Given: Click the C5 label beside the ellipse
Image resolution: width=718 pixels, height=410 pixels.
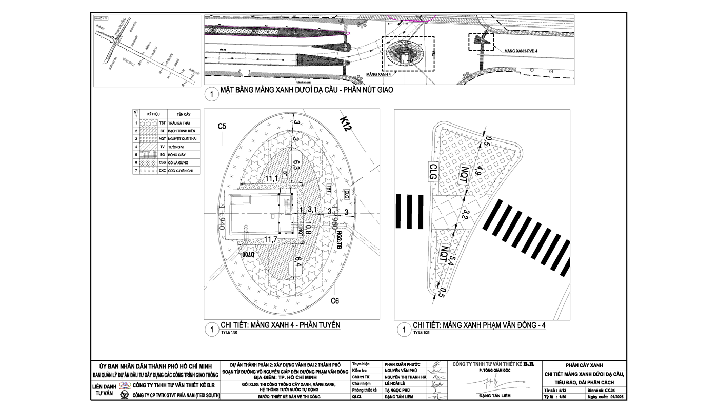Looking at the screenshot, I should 222,126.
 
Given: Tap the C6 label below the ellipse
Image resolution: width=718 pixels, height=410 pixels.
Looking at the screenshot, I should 334,301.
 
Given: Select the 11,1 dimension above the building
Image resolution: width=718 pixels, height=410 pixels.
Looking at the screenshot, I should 272,178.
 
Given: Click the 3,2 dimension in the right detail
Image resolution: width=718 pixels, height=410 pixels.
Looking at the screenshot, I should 466,215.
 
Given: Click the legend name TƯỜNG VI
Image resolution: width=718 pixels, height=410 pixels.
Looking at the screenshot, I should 176,147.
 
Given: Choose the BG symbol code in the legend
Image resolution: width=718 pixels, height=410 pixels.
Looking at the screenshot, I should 162,155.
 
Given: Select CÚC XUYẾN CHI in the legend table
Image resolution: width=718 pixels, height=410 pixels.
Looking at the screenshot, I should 183,171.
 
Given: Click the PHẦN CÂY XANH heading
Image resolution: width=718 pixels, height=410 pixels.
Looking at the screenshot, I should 584,365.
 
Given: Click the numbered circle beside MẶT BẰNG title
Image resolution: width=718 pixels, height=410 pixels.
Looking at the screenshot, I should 211,94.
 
